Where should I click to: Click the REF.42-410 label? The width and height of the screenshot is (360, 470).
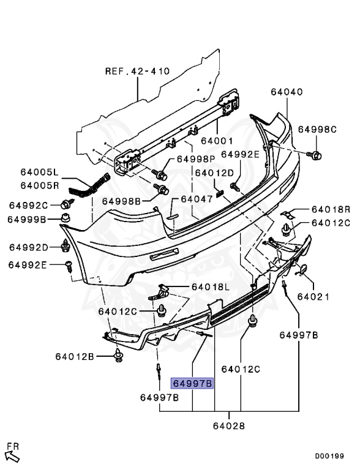click(137, 71)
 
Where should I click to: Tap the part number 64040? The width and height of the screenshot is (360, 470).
click(287, 92)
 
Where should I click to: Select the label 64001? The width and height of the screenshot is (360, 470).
click(217, 140)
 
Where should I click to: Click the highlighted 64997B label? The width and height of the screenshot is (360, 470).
click(192, 383)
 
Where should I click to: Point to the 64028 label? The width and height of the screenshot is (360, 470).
click(229, 426)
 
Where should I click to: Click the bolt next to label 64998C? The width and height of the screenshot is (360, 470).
click(314, 155)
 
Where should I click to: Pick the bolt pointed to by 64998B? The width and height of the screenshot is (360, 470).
click(162, 189)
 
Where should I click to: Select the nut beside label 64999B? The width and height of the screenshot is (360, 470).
click(66, 218)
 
